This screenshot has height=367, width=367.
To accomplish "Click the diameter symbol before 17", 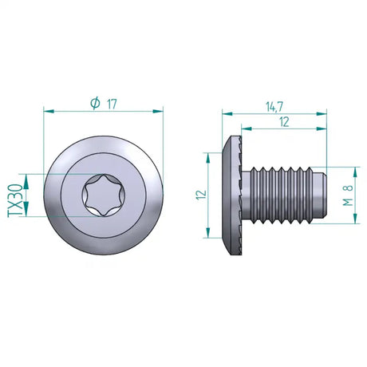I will pos(95,103).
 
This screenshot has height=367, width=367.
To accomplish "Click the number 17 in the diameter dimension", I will pos(112,103).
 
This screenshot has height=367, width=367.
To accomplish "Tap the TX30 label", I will pos(15,195).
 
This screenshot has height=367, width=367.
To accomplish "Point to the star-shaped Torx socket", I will pos(104,195).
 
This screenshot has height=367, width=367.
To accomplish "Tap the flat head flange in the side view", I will pos(235,195).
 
